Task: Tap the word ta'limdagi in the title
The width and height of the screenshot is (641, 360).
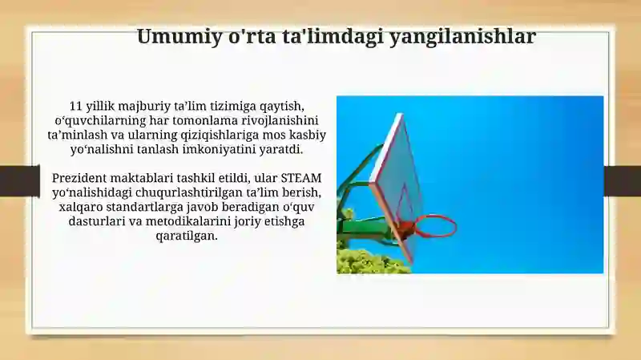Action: [x=333, y=37]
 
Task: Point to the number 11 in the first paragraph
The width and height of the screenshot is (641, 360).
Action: [x=76, y=106]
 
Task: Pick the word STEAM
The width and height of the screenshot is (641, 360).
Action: [x=301, y=178]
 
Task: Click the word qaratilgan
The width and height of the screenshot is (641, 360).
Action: [x=187, y=237]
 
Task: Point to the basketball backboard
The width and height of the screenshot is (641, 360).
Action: [x=397, y=184]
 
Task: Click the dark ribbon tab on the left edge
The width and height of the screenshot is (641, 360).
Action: [x=19, y=181]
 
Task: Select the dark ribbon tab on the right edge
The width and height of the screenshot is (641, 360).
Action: [x=623, y=181]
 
